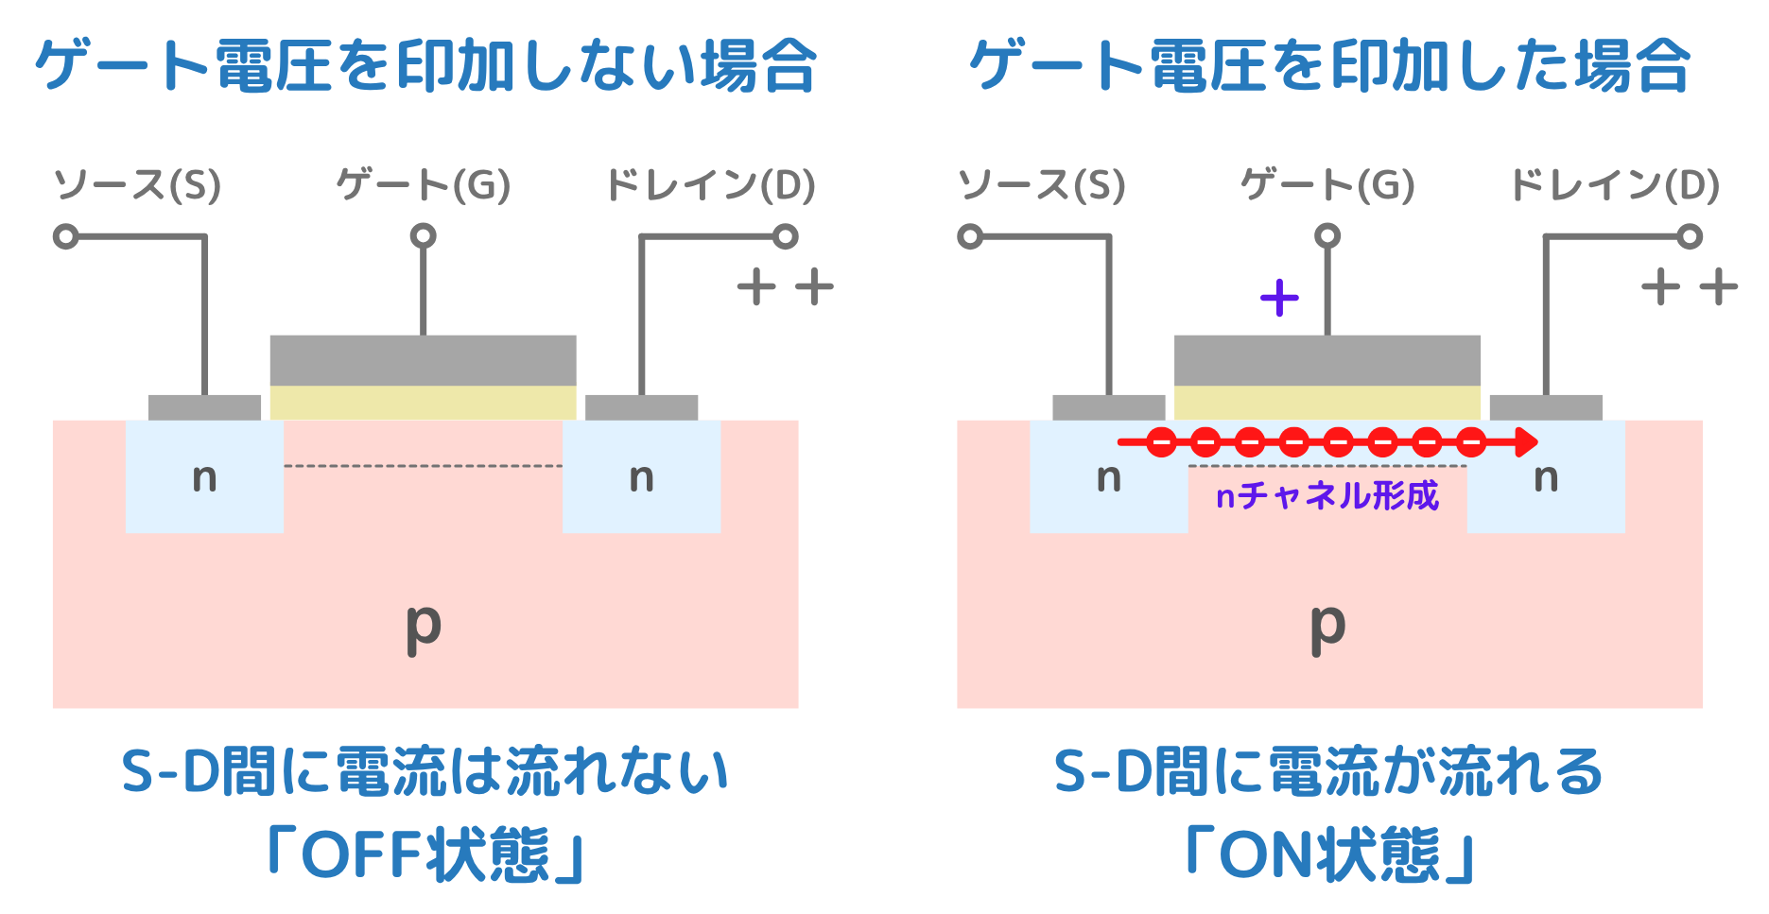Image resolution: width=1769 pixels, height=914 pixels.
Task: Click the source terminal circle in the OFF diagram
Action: pos(65,236)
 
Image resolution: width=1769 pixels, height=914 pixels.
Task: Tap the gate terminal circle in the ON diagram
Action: pos(1327,235)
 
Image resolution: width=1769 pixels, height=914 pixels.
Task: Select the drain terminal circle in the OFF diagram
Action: pos(785,236)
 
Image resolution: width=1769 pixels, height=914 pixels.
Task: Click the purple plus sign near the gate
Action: pos(1279,298)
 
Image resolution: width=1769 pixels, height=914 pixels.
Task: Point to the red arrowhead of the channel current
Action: pos(1524,441)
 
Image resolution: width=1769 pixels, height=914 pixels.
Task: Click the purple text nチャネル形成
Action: pos(1327,495)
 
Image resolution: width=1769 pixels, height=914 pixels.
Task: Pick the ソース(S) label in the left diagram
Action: pos(137,185)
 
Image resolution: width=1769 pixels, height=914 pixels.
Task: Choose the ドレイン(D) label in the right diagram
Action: pos(1615,185)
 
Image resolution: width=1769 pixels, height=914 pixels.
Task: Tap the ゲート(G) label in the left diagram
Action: pos(423,185)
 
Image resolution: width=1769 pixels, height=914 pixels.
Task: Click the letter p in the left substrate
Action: pos(423,626)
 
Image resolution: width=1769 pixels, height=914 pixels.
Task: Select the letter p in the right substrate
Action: pos(1327,626)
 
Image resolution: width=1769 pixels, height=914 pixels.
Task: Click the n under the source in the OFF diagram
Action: pos(204,478)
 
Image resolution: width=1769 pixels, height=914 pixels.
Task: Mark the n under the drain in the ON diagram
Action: pos(1546,478)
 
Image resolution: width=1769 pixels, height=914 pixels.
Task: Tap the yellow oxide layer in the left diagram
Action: pos(423,402)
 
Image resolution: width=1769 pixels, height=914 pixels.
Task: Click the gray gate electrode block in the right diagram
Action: pos(1327,360)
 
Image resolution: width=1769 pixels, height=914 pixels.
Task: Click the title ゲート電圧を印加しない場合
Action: pos(425,66)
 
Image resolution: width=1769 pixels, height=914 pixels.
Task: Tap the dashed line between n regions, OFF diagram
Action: pos(423,466)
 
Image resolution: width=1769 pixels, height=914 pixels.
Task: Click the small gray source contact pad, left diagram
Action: pos(204,407)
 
